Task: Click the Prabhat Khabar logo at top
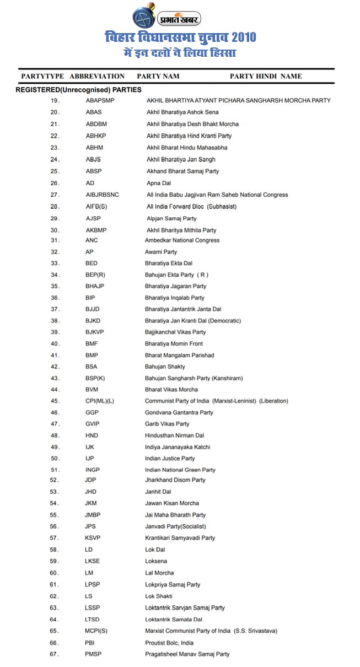tap(166, 18)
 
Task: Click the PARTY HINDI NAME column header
tap(265, 76)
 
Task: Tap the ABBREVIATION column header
tap(97, 76)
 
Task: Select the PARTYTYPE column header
tap(42, 76)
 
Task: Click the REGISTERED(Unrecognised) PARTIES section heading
tap(78, 89)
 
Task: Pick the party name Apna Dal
tap(159, 183)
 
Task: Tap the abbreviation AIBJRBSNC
tap(102, 195)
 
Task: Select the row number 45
tap(55, 401)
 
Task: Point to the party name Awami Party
tap(161, 252)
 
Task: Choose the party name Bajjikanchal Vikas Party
tap(175, 332)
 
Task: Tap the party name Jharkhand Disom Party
tap(175, 480)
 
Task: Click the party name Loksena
tap(156, 561)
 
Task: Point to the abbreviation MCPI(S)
tap(96, 631)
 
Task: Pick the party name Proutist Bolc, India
tap(169, 643)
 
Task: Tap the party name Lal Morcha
tap(159, 573)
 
